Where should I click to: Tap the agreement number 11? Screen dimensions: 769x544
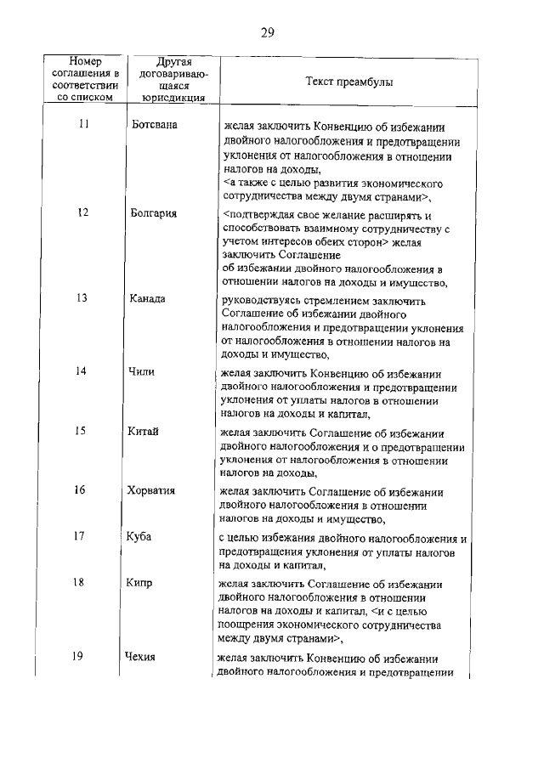coord(82,124)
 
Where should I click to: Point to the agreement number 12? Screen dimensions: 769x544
coord(82,213)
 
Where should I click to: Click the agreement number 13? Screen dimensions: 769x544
coord(82,298)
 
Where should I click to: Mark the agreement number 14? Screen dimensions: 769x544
coord(82,370)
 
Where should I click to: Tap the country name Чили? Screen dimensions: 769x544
coord(144,370)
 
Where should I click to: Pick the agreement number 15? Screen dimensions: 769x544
coord(82,431)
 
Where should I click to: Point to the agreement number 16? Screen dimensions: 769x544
coord(82,490)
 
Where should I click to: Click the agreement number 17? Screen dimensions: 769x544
coord(82,536)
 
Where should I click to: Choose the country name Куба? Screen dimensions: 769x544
coord(141,536)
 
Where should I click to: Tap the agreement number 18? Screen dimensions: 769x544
coord(82,583)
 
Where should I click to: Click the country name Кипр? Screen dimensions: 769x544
coord(143,583)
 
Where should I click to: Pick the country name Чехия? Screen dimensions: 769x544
coord(142,656)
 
